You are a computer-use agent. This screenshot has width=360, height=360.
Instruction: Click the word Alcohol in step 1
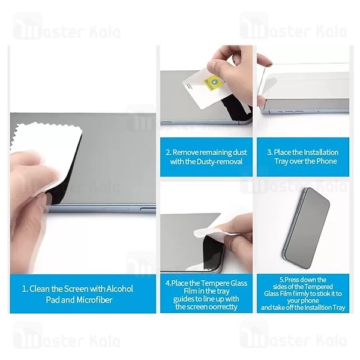[119, 289]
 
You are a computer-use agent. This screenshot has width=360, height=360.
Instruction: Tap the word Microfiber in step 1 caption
[94, 300]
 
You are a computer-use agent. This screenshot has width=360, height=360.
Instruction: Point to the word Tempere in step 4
[215, 283]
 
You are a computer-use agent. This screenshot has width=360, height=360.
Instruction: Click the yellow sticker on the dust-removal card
[212, 83]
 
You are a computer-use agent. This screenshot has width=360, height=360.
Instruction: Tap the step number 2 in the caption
[168, 152]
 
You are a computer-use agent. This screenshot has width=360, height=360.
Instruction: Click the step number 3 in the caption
[269, 152]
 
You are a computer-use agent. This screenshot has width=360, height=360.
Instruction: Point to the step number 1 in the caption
[25, 289]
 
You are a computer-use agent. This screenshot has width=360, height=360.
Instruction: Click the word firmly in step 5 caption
[298, 293]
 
